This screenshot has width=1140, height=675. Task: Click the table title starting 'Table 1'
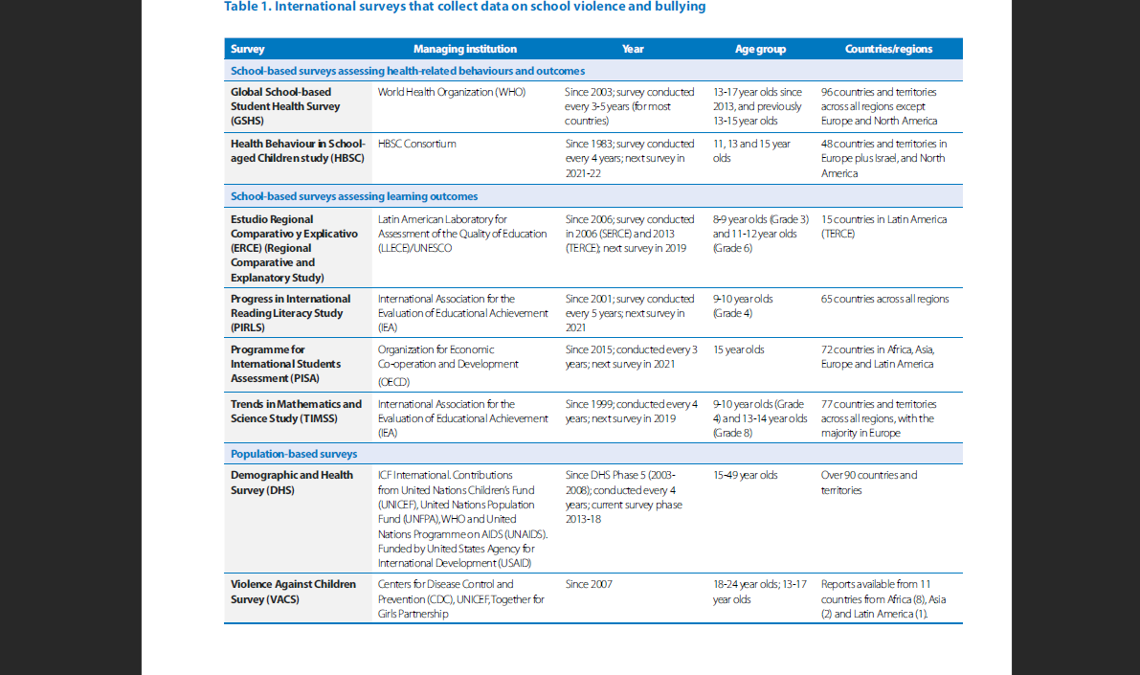pyautogui.click(x=464, y=7)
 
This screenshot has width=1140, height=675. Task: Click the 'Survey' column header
pyautogui.click(x=247, y=49)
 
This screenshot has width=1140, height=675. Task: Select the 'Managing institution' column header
pyautogui.click(x=465, y=49)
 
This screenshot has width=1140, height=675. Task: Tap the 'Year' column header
pyautogui.click(x=633, y=49)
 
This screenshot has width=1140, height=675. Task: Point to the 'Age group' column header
pyautogui.click(x=761, y=49)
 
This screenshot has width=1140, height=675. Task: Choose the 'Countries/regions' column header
pyautogui.click(x=888, y=49)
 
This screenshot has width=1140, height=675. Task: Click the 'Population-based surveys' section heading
pyautogui.click(x=294, y=454)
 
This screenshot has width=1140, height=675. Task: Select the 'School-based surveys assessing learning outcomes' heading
pyautogui.click(x=354, y=196)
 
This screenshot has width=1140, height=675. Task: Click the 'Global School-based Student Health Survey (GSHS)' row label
pyautogui.click(x=285, y=106)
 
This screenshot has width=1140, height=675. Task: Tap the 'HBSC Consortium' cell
pyautogui.click(x=416, y=144)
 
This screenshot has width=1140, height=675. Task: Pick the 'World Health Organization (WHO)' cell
pyautogui.click(x=452, y=92)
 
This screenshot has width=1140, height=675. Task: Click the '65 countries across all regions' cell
pyautogui.click(x=884, y=299)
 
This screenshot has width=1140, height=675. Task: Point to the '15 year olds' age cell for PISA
pyautogui.click(x=739, y=349)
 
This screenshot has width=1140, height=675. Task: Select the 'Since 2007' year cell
pyautogui.click(x=589, y=584)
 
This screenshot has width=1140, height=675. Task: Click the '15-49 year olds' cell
pyautogui.click(x=746, y=475)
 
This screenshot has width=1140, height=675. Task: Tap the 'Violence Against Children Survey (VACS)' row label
pyautogui.click(x=293, y=592)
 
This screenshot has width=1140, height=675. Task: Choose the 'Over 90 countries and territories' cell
pyautogui.click(x=869, y=483)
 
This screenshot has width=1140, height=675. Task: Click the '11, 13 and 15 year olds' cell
pyautogui.click(x=751, y=150)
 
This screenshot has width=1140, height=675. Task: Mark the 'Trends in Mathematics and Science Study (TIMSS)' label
pyautogui.click(x=296, y=411)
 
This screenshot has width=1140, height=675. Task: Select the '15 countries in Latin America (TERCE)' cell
pyautogui.click(x=884, y=226)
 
